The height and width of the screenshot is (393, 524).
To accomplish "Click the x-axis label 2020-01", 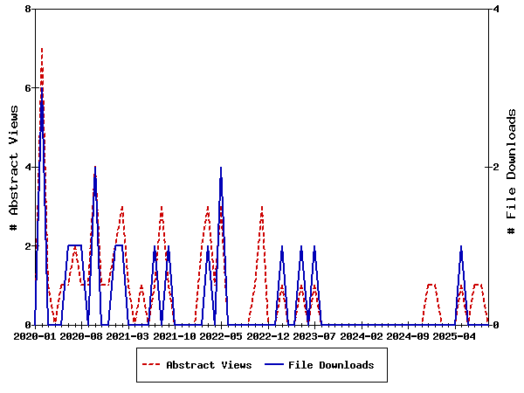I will tap(36, 335).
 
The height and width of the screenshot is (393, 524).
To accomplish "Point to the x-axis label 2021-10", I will tap(175, 335).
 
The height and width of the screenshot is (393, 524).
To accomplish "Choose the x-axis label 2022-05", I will tap(221, 335).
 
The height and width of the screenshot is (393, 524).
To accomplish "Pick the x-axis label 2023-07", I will tap(314, 335).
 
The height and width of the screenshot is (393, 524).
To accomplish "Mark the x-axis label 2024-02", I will tap(361, 335).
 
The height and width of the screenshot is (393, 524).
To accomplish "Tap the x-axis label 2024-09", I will tap(408, 335).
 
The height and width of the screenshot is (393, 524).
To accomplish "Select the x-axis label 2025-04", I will tap(454, 335).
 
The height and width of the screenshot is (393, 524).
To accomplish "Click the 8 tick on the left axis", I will tap(29, 9).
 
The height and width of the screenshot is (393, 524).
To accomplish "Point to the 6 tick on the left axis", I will tap(29, 88).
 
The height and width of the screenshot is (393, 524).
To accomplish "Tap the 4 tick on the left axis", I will tap(29, 167).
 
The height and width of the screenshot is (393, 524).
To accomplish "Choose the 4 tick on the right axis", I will tap(496, 9).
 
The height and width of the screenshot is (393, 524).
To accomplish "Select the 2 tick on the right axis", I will tap(496, 167).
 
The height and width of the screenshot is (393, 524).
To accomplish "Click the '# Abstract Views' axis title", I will tap(13, 167).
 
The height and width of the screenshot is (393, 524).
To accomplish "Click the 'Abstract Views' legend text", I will tap(209, 365).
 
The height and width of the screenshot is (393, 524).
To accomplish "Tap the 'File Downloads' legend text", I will tap(331, 365).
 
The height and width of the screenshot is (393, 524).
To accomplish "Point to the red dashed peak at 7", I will tap(42, 49).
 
